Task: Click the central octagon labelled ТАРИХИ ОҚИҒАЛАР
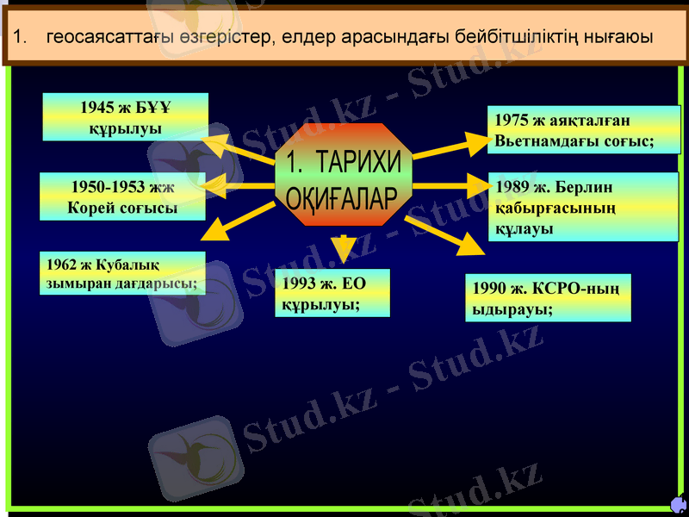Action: point(344,176)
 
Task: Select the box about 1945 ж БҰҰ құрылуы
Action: point(126,117)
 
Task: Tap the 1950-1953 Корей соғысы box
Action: point(122,196)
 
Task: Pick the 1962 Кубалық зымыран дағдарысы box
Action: point(122,272)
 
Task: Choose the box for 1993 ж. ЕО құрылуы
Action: point(334,293)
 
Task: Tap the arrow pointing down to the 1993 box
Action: point(344,248)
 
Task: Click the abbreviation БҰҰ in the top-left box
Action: point(152,108)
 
